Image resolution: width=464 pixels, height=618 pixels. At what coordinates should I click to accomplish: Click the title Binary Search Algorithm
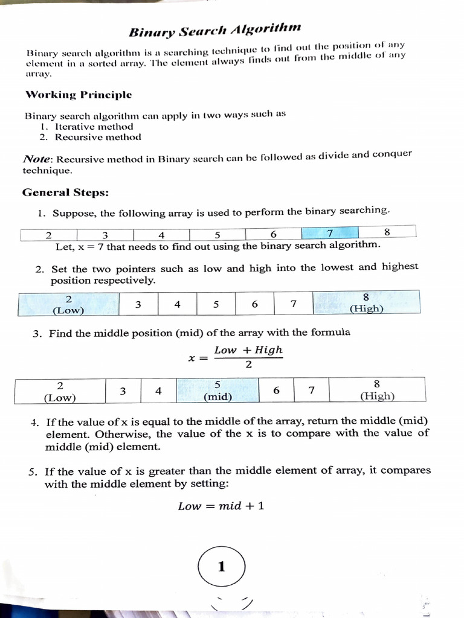pos(215,30)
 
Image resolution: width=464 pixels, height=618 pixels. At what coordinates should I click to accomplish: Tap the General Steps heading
pos(65,193)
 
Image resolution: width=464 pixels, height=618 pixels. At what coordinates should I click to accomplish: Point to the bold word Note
pos(37,159)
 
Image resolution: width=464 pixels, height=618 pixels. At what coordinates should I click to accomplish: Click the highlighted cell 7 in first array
pos(330,233)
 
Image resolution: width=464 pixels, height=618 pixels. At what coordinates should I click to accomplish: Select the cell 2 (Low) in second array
pos(68,304)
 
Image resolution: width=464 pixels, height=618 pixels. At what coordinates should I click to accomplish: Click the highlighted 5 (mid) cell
pos(217,390)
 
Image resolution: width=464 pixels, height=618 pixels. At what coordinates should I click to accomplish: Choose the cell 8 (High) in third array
pos(377,390)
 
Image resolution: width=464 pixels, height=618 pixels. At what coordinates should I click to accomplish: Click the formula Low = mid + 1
pos(221,506)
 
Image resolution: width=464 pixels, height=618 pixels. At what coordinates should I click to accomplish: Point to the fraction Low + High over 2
pos(248,357)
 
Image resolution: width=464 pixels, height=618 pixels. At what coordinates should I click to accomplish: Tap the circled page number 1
pos(221,567)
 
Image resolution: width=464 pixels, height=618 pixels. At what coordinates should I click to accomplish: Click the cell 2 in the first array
pos(48,235)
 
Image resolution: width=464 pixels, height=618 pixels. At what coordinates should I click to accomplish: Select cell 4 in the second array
pos(177,304)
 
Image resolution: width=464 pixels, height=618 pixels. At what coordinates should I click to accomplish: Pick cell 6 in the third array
pos(276,390)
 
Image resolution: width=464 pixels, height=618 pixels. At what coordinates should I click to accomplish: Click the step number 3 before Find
pos(36,333)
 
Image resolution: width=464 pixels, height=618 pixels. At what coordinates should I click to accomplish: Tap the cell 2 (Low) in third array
pos(59,390)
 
